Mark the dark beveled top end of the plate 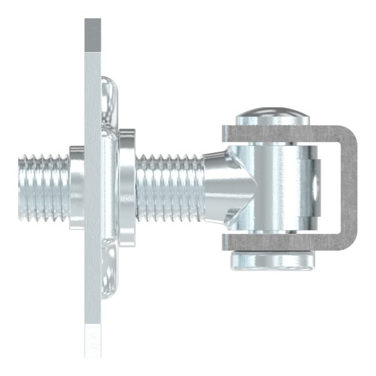(x=92, y=34)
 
